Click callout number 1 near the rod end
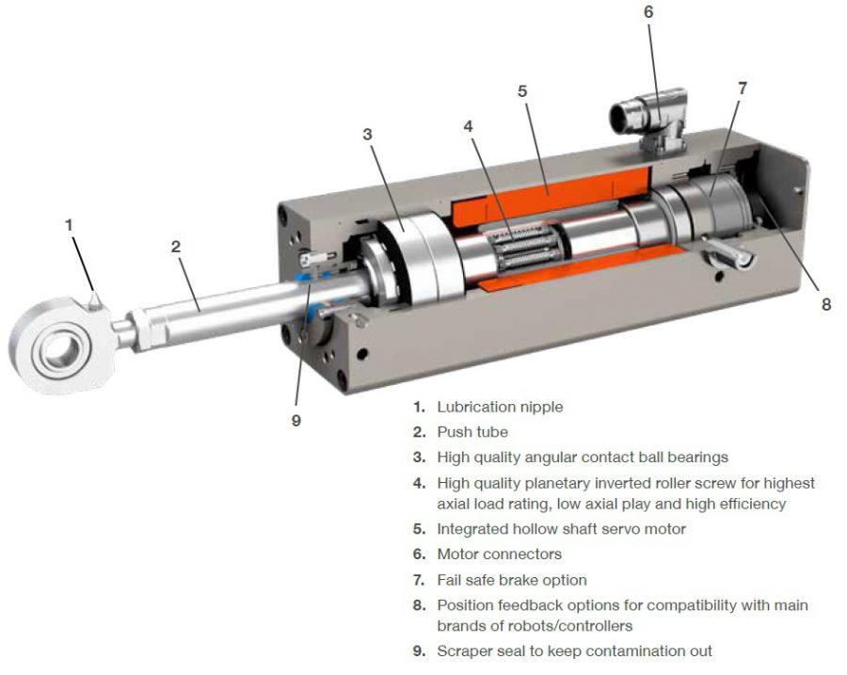click(x=68, y=225)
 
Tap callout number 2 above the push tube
click(x=176, y=247)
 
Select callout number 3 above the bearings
click(x=367, y=134)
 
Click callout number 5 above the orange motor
click(x=522, y=91)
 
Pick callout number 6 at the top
click(x=648, y=12)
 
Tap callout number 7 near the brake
click(x=743, y=88)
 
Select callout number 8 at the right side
click(x=826, y=304)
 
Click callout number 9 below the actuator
click(x=296, y=420)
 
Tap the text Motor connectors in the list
click(x=499, y=554)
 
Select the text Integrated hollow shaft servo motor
click(x=561, y=529)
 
